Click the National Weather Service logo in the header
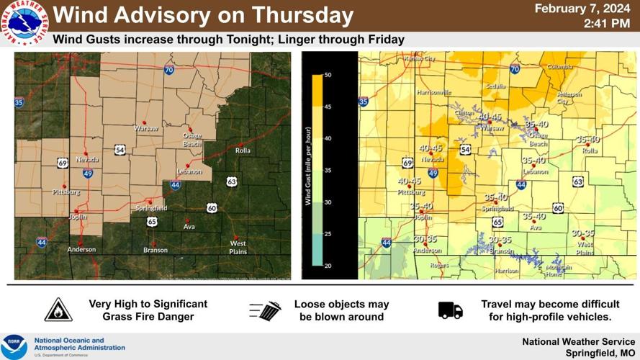point(24,23)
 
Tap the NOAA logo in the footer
point(14,346)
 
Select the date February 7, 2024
point(582,9)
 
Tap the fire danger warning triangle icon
point(58,310)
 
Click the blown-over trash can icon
point(266,310)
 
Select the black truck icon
point(450,310)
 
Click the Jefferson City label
point(568,97)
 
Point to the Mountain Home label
point(559,271)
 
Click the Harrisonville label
point(433,92)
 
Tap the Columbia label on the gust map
point(559,66)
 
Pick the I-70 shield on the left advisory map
point(168,70)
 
